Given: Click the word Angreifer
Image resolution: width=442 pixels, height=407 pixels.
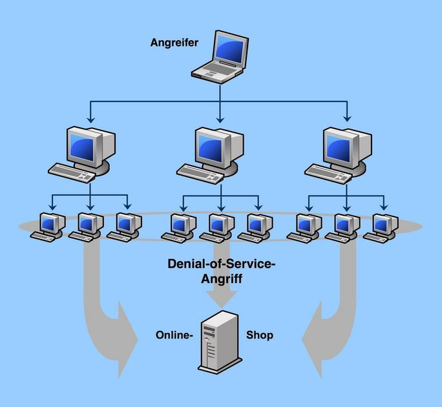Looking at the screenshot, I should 174,43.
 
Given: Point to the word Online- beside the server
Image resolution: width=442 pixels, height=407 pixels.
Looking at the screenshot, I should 174,335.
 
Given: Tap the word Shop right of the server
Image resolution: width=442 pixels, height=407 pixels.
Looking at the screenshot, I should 260,335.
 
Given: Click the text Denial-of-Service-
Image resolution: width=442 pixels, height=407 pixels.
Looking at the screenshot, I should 221,264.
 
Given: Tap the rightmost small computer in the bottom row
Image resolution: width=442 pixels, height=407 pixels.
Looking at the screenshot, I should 381,227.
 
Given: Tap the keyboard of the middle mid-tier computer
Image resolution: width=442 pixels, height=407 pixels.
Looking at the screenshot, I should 200,172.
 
